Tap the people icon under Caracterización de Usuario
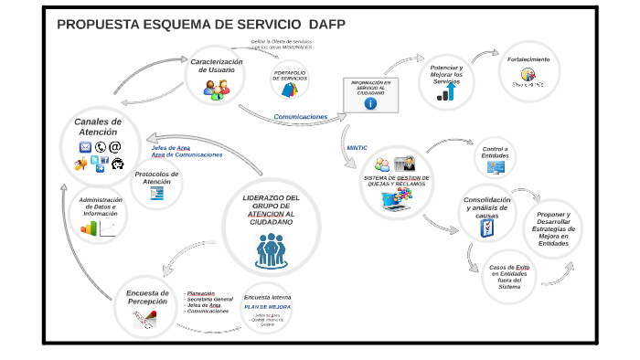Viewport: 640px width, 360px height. tap(217, 88)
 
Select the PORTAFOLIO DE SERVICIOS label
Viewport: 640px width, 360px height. tap(290, 76)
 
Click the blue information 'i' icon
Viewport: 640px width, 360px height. tap(370, 103)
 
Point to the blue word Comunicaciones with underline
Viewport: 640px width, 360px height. tap(300, 117)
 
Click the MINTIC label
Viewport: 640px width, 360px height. tap(357, 147)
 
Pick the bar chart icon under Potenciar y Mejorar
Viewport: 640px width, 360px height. tap(447, 92)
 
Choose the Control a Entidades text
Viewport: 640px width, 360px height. tap(495, 151)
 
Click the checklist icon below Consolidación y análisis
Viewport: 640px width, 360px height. tap(487, 227)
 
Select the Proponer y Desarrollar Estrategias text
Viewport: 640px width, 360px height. tap(553, 228)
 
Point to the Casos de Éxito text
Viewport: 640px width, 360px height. tap(509, 276)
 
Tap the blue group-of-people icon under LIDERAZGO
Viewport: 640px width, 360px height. tap(271, 249)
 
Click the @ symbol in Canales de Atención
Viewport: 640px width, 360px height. tap(115, 146)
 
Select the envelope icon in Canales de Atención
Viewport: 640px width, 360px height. tap(87, 146)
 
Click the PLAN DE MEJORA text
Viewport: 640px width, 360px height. tap(267, 307)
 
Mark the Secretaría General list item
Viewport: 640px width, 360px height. tap(210, 299)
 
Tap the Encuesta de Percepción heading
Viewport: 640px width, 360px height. tap(147, 298)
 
